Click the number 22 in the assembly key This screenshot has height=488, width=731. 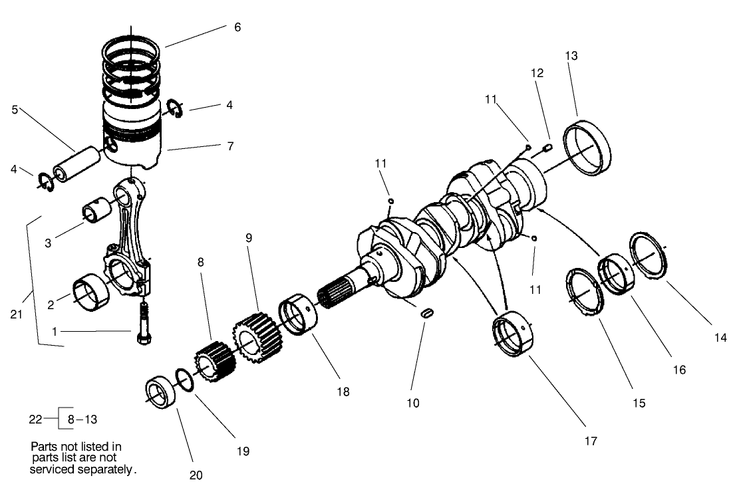click(x=36, y=419)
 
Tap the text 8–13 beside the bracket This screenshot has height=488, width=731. click(x=82, y=419)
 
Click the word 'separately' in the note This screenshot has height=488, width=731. click(x=106, y=469)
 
